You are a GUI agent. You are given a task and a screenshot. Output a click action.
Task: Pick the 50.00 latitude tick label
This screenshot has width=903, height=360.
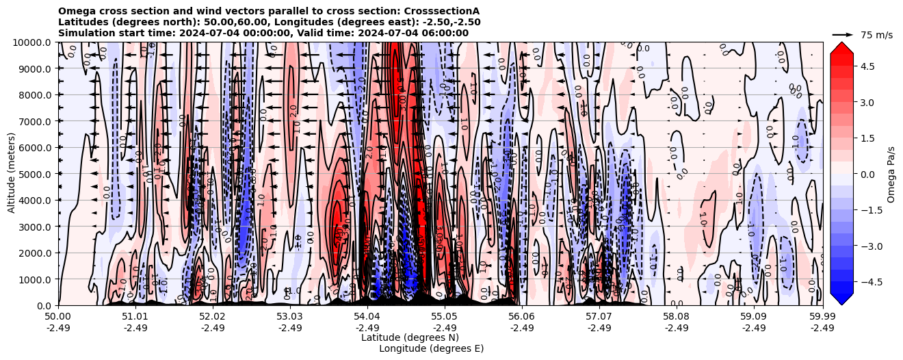(x=58, y=317)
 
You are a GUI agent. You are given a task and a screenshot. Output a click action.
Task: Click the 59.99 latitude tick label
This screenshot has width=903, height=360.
(x=822, y=317)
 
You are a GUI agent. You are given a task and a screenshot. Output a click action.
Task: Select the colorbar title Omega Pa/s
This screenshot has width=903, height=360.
(x=891, y=174)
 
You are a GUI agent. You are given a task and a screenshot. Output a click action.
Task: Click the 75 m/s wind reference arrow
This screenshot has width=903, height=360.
(x=843, y=34)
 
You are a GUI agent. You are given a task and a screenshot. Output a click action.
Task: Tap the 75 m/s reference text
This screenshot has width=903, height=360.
(x=876, y=35)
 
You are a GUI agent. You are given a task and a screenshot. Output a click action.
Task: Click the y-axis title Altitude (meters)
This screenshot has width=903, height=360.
(x=12, y=174)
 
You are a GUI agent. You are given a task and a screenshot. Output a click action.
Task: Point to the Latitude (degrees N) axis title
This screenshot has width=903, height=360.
(x=410, y=337)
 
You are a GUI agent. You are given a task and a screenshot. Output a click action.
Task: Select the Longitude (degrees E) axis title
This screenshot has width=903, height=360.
(x=431, y=348)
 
